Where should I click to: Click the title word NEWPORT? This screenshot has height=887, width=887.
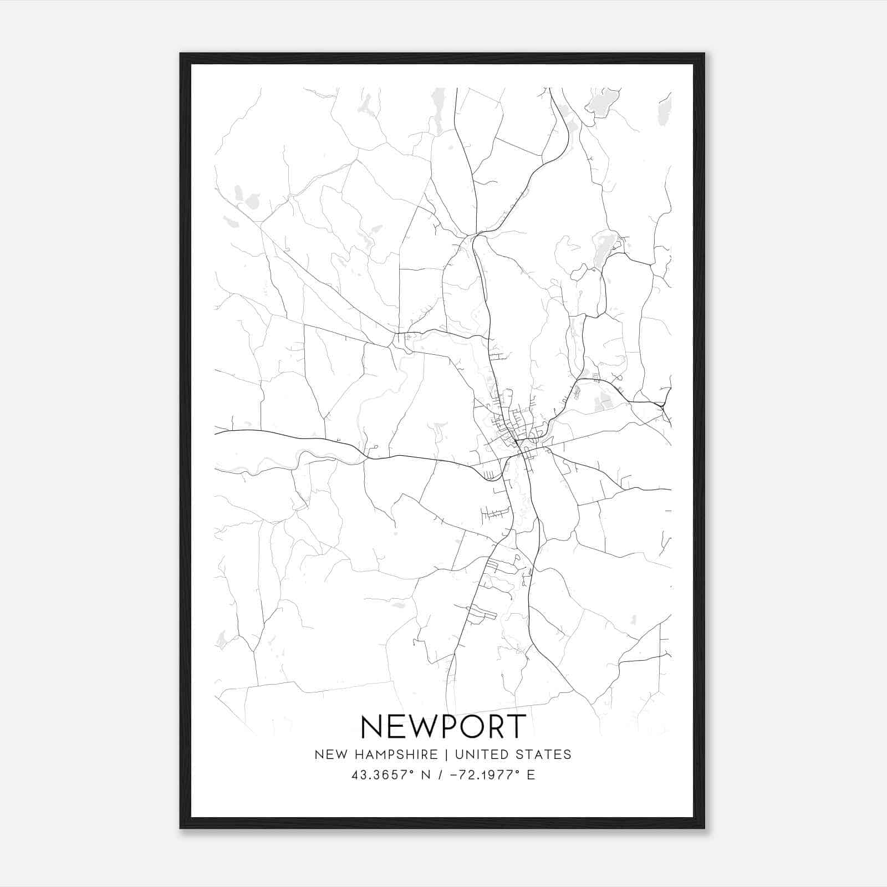point(443,726)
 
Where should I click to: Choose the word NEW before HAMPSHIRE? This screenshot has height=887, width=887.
point(331,755)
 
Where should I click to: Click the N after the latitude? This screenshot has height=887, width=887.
point(426,775)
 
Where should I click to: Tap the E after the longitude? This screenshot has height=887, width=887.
point(531,775)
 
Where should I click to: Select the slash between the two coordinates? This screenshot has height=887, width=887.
point(440,775)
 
